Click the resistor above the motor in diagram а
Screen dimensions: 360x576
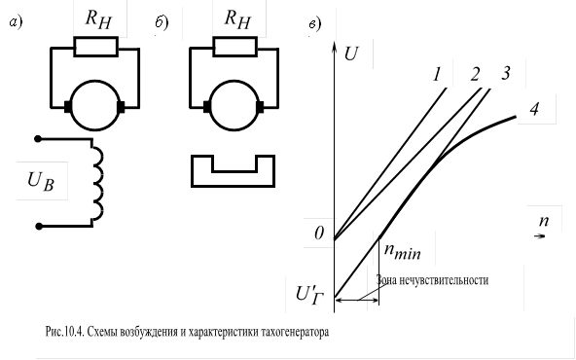click(96, 47)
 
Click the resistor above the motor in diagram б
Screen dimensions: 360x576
click(235, 47)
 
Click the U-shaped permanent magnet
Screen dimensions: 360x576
click(234, 167)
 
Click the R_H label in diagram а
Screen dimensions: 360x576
click(96, 17)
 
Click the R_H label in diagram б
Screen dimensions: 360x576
click(235, 17)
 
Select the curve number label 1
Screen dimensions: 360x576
click(439, 74)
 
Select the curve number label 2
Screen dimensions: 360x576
click(476, 75)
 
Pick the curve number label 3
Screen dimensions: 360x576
click(506, 74)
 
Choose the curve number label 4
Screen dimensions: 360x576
click(535, 109)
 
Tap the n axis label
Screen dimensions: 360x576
click(544, 220)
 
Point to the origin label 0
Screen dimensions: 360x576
click(318, 234)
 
